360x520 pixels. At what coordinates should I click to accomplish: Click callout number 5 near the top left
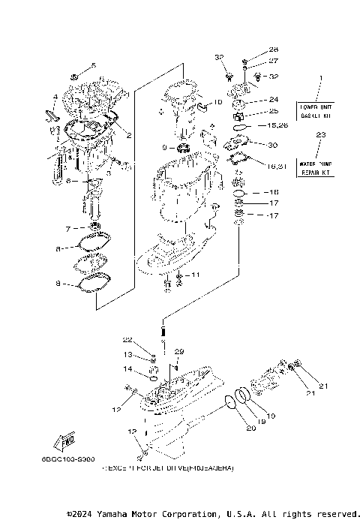click(94, 65)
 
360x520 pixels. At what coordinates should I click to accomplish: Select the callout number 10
click(217, 101)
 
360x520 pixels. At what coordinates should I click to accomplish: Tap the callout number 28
click(252, 50)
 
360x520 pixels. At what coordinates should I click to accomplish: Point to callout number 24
click(273, 99)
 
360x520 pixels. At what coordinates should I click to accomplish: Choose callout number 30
click(272, 145)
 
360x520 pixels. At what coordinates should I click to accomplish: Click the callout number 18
click(274, 192)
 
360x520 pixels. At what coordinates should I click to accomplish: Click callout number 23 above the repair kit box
click(321, 135)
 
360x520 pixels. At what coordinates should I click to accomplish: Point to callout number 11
click(195, 275)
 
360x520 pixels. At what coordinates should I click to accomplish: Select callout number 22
click(127, 340)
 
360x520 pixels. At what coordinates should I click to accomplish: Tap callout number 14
click(127, 369)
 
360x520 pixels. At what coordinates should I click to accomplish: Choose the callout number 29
click(178, 351)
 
